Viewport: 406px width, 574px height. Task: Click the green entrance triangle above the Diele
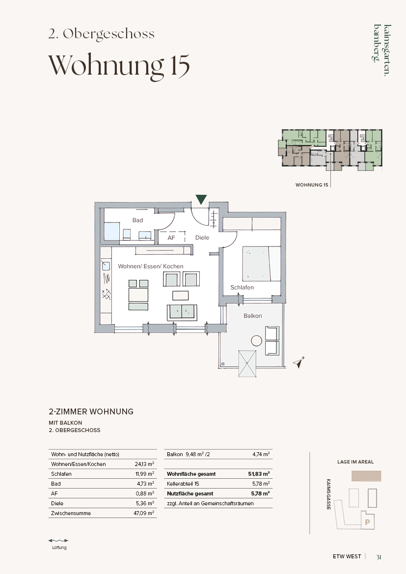201,199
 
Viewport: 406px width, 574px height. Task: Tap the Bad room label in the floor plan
137,220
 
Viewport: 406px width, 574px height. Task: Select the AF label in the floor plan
171,238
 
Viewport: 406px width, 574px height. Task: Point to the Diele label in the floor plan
202,238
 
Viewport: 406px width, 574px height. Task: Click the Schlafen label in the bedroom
242,287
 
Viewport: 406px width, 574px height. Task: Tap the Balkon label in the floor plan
253,316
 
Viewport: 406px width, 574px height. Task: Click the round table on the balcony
257,341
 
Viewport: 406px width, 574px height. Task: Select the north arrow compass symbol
299,362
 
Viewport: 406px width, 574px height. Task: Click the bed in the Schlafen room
261,264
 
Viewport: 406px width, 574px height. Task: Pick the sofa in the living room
182,311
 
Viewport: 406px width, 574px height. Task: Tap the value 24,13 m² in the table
144,464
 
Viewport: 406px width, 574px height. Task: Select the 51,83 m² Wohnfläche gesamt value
259,474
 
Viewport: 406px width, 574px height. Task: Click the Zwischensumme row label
71,513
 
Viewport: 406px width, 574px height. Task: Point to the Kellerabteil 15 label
183,484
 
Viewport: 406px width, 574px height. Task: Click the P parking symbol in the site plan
368,522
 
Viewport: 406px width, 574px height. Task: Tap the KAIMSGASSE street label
328,494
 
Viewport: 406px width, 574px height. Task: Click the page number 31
379,557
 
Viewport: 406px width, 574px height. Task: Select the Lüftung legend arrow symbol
58,540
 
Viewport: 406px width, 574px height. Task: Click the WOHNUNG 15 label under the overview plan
312,185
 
